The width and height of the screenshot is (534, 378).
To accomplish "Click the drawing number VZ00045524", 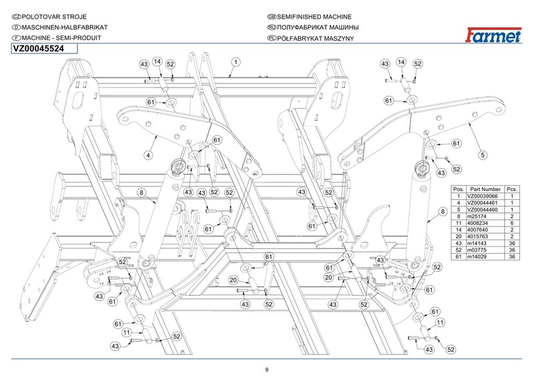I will (x=41, y=48).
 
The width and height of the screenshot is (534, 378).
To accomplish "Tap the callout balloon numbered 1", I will (x=236, y=62).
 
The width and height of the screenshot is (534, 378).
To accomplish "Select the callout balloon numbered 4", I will (x=148, y=154).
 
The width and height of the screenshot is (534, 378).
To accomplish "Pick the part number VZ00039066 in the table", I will (x=485, y=196).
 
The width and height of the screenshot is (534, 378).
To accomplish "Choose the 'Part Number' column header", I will (x=485, y=190).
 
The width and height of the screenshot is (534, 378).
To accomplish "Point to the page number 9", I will (x=266, y=370).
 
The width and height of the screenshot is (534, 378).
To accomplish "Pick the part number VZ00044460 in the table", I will (x=485, y=210).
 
